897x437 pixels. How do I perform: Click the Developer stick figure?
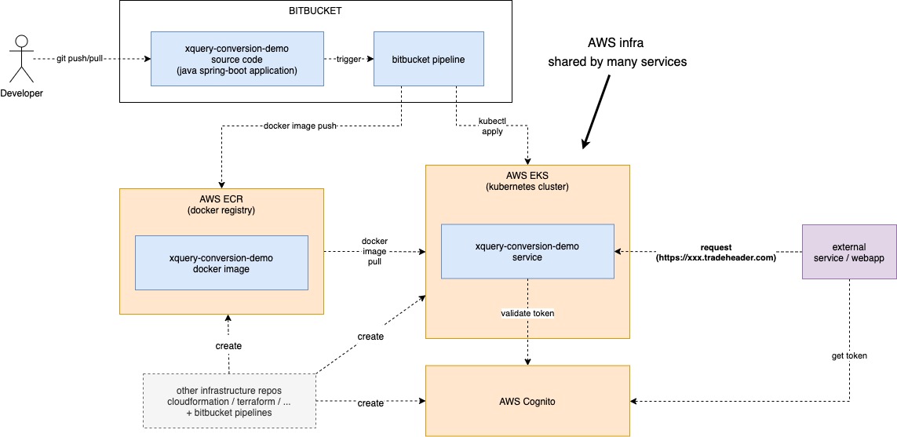point(21,58)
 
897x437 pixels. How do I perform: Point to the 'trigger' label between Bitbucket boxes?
point(348,59)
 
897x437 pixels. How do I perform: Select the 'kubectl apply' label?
point(491,126)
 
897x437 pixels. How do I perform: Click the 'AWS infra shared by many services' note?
point(617,52)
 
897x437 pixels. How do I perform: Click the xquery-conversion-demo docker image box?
point(221,263)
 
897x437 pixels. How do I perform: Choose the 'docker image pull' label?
point(374,251)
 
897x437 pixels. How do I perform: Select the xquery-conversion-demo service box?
point(527,251)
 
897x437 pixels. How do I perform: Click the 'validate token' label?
point(527,313)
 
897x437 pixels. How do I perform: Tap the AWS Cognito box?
point(527,401)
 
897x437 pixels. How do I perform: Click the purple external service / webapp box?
point(849,251)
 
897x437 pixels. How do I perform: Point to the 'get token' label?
point(849,355)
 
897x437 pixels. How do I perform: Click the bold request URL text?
point(715,251)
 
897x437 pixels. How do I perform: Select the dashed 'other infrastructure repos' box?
point(229,401)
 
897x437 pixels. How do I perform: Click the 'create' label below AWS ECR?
point(228,346)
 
